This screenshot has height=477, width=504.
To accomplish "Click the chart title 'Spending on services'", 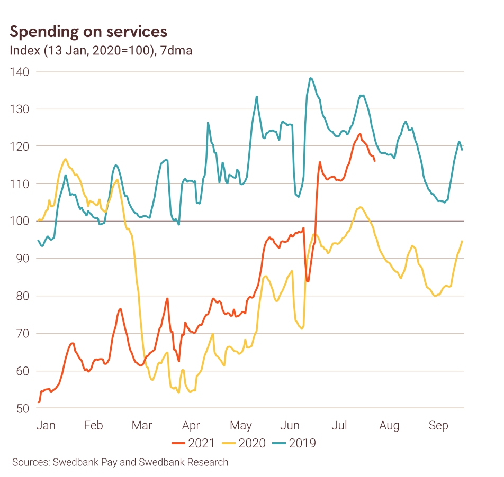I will click(88, 32).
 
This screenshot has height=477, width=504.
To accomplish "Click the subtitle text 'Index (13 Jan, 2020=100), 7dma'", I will click(101, 51).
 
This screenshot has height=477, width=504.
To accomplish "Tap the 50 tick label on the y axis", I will click(22, 408).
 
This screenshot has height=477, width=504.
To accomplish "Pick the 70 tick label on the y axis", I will click(22, 333).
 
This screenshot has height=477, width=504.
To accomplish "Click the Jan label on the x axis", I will click(46, 425).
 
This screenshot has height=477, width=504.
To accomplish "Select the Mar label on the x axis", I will click(142, 425).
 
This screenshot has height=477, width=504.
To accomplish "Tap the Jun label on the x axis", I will click(290, 425).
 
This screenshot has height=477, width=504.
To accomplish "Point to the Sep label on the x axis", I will click(438, 425).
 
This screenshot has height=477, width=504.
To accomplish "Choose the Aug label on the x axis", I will click(390, 425).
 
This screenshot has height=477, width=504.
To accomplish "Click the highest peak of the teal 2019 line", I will click(310, 78).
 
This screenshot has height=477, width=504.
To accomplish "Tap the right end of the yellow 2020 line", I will click(462, 241).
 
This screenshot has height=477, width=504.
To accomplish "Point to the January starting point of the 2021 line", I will click(39, 402).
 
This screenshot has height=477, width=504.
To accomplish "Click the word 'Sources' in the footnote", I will click(30, 462).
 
